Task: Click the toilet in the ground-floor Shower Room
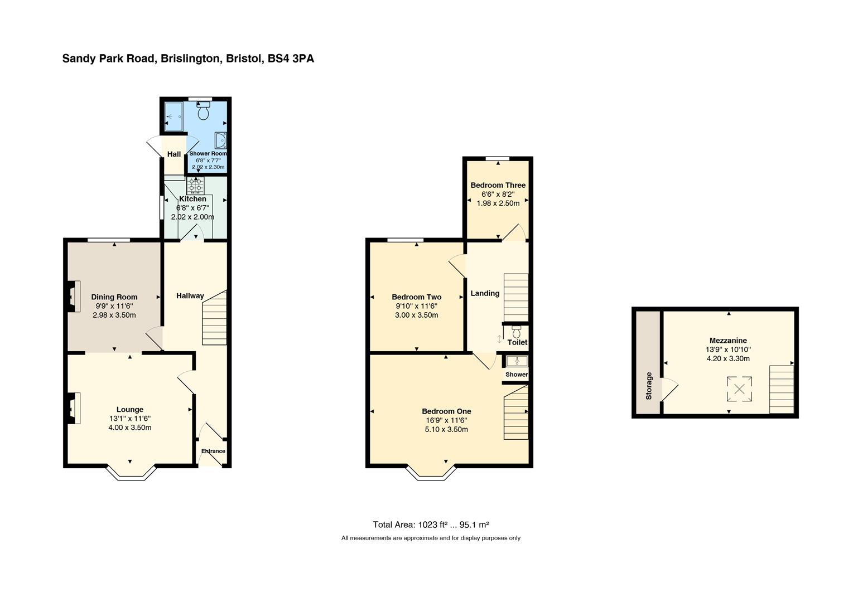[203, 110]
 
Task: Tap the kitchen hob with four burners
[195, 185]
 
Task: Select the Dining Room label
[114, 297]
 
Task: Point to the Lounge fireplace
[74, 409]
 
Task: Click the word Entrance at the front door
[213, 451]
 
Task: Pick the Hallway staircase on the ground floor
[214, 318]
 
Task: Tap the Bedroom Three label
[498, 185]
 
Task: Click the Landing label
[485, 293]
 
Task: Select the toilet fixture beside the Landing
[517, 332]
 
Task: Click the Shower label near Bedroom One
[517, 374]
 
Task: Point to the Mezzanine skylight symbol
[739, 389]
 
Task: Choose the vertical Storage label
[648, 386]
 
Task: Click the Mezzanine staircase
[782, 389]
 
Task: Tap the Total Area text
[431, 525]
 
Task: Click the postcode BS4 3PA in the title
[291, 59]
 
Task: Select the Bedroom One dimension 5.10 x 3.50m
[446, 429]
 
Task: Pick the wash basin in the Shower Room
[220, 140]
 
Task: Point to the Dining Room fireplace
[74, 297]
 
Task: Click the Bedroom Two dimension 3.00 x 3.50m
[416, 315]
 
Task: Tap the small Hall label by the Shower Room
[174, 154]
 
